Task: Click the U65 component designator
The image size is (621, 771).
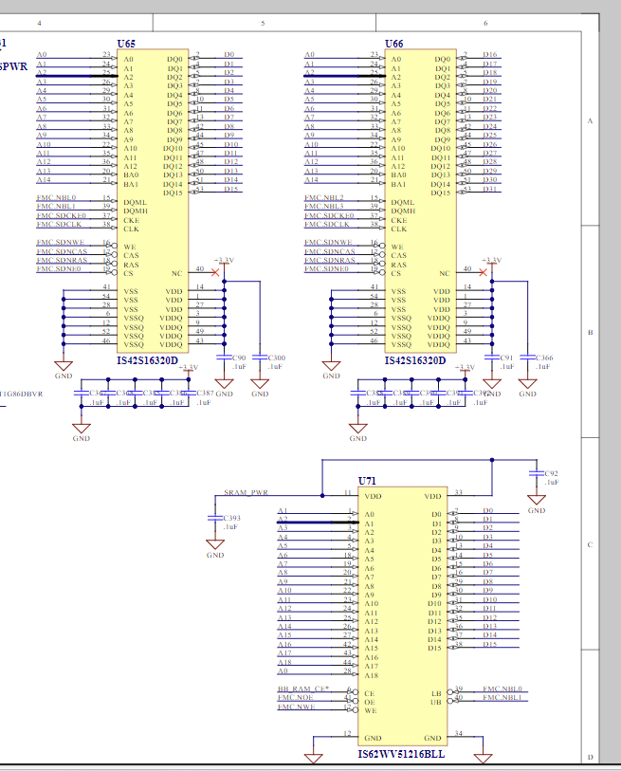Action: click(x=126, y=44)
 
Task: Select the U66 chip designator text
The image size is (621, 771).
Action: click(x=393, y=44)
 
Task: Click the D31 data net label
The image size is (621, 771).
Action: click(x=490, y=189)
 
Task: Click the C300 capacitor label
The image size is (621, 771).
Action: click(x=279, y=358)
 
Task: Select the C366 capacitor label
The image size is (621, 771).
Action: click(x=546, y=358)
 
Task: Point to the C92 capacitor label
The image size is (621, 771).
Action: click(x=552, y=472)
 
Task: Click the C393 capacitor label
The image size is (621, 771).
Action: click(x=231, y=519)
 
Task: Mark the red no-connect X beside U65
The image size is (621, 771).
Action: click(x=216, y=273)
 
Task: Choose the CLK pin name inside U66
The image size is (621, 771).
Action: click(x=398, y=229)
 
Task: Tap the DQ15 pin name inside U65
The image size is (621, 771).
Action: click(x=173, y=193)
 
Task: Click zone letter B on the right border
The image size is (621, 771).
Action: click(x=591, y=332)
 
